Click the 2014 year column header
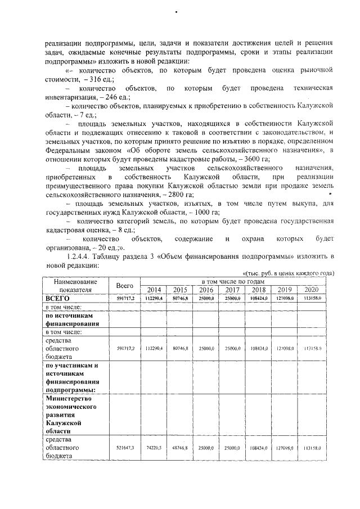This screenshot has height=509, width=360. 154,289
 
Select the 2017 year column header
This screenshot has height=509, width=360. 232,289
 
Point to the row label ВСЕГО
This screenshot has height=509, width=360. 56,298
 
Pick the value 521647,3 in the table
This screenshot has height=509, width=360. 125,448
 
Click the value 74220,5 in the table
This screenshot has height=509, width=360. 154,448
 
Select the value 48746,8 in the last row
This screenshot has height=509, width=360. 180,448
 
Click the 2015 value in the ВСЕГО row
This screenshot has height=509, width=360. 180,298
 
